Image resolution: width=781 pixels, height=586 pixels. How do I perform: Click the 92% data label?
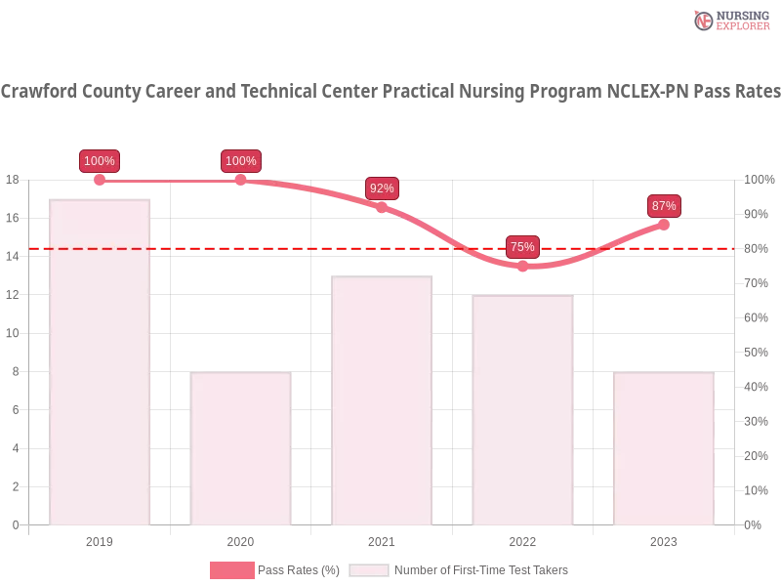pyautogui.click(x=382, y=188)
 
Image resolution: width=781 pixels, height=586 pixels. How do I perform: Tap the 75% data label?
pyautogui.click(x=522, y=247)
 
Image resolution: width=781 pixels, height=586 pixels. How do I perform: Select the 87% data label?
pyautogui.click(x=664, y=206)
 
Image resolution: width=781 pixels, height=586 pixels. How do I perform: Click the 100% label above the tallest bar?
pyautogui.click(x=100, y=161)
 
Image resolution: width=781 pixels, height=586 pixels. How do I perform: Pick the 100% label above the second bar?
pyautogui.click(x=240, y=161)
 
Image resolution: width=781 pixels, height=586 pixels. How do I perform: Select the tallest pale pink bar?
pyautogui.click(x=101, y=361)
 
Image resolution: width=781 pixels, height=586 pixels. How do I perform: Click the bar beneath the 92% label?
pyautogui.click(x=382, y=400)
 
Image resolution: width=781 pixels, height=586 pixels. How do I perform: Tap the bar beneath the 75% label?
pyautogui.click(x=522, y=410)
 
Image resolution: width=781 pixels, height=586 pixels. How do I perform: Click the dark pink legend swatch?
pyautogui.click(x=231, y=570)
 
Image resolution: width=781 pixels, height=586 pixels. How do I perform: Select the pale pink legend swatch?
pyautogui.click(x=369, y=570)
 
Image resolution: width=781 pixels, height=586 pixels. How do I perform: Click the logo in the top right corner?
pyautogui.click(x=729, y=20)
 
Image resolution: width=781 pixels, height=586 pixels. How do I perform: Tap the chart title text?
pyautogui.click(x=390, y=93)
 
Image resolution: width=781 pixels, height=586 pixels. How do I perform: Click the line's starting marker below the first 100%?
pyautogui.click(x=100, y=180)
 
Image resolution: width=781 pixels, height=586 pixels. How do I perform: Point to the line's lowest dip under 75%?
pyautogui.click(x=523, y=267)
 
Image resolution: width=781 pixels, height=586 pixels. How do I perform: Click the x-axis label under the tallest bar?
pyautogui.click(x=101, y=539)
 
